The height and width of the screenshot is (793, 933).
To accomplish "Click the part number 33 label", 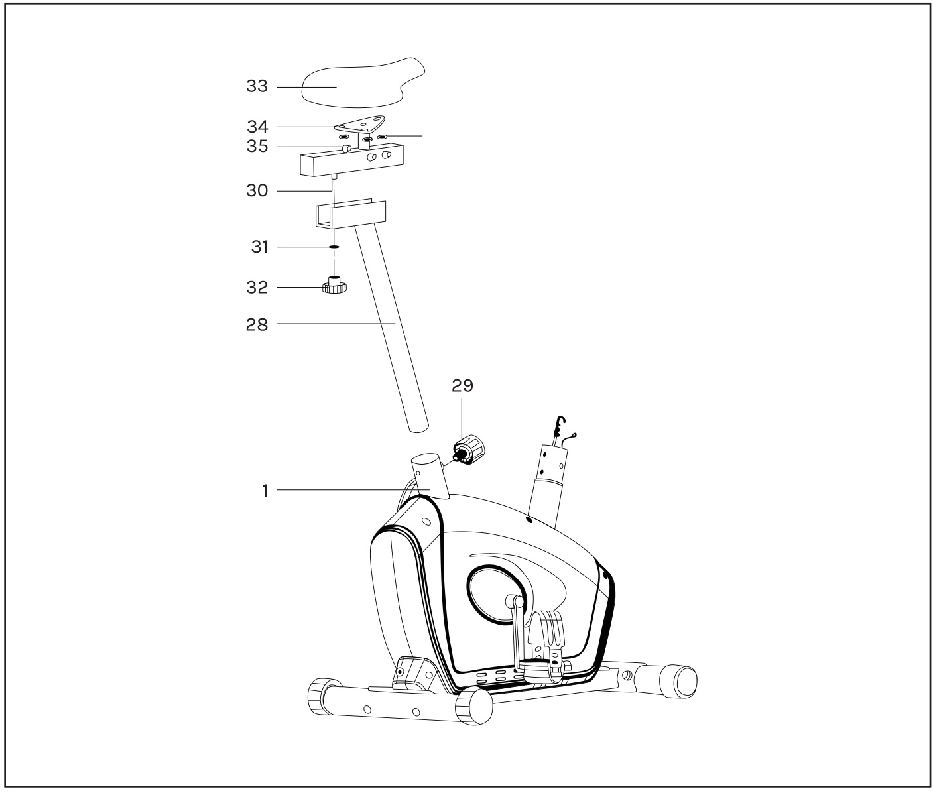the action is pyautogui.click(x=257, y=86).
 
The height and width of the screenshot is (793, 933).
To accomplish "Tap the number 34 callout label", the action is pyautogui.click(x=257, y=127).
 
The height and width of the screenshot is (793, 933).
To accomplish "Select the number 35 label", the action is pyautogui.click(x=257, y=147).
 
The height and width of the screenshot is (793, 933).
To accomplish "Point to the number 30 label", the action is pyautogui.click(x=257, y=190).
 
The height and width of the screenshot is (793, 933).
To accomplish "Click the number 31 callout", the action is pyautogui.click(x=259, y=247).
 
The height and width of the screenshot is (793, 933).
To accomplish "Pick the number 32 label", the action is pyautogui.click(x=257, y=288).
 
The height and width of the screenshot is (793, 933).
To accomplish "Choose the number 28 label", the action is pyautogui.click(x=257, y=324).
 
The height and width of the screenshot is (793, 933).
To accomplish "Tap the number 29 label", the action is pyautogui.click(x=462, y=385).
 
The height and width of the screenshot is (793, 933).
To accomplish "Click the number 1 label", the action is pyautogui.click(x=265, y=491).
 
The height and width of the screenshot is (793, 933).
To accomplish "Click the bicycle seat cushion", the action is pyautogui.click(x=361, y=84).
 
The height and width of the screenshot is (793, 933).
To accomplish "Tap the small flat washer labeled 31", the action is pyautogui.click(x=334, y=247).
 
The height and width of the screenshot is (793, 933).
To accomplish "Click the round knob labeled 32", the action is pyautogui.click(x=334, y=285).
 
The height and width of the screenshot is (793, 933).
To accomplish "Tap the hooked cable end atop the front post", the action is pyautogui.click(x=560, y=426).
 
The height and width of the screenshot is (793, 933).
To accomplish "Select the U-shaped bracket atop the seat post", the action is pyautogui.click(x=351, y=213).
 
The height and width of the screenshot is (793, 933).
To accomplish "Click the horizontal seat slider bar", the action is pyautogui.click(x=351, y=160).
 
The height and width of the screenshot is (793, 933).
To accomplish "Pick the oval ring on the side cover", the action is pyautogui.click(x=496, y=594).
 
